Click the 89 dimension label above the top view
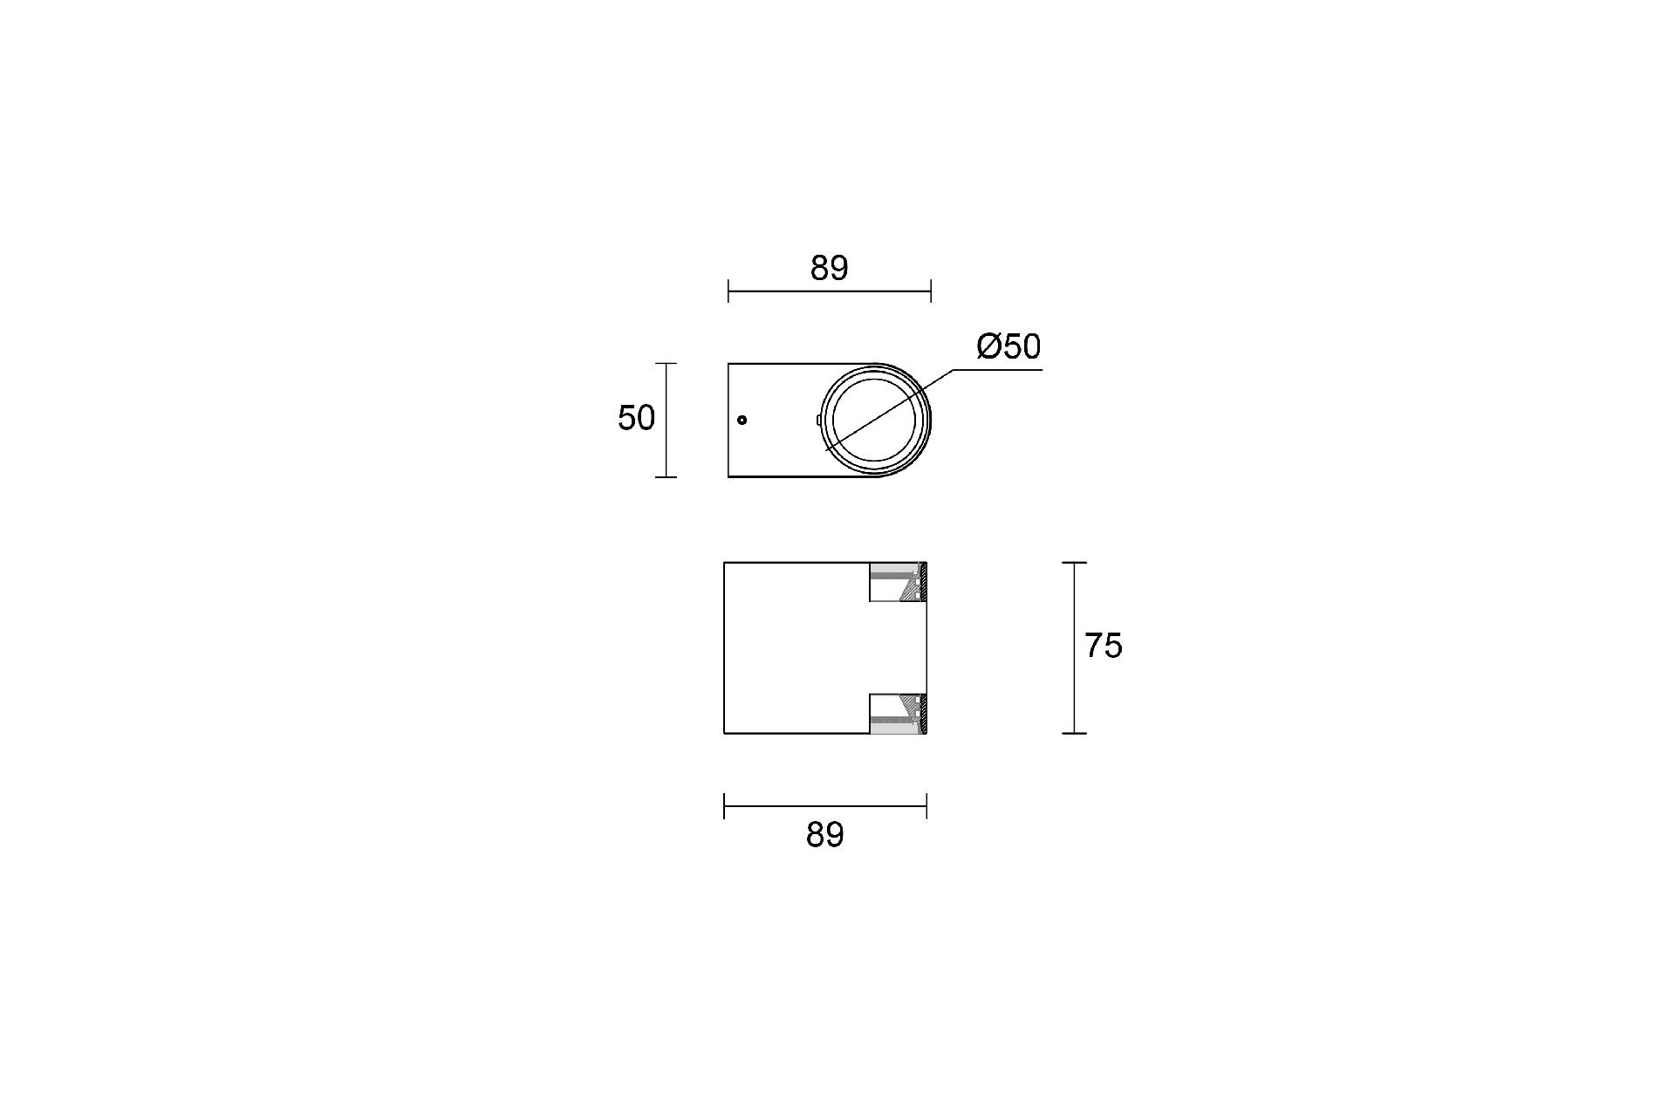tap(829, 269)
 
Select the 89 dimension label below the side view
tap(824, 835)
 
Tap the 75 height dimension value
tap(1103, 646)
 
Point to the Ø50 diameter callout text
tap(1008, 347)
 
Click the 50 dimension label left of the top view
tap(636, 419)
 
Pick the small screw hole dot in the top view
tap(742, 421)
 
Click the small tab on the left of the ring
tap(818, 420)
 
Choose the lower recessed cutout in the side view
tap(895, 713)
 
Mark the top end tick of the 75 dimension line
tap(1074, 563)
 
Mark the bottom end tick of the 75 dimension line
tap(1074, 733)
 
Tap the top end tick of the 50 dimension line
tap(666, 364)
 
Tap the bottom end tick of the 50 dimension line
tap(666, 476)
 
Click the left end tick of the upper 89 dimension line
tap(728, 291)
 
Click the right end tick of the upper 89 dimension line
tap(931, 291)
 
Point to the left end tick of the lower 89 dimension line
tap(724, 806)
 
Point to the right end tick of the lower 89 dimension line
tap(926, 806)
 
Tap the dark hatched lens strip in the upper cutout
tap(923, 582)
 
